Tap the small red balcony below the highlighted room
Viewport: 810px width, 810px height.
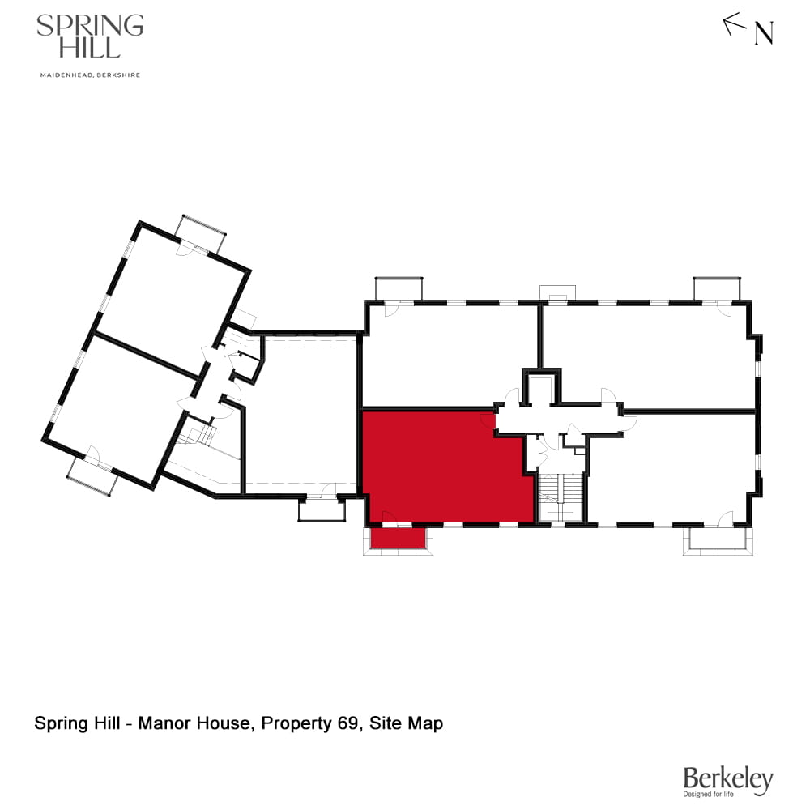point(398,538)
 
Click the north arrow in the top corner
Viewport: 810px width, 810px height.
point(735,24)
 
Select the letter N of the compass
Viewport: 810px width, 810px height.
point(764,34)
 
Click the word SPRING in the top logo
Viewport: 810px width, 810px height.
point(90,26)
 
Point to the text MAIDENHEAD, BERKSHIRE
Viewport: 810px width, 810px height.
point(90,75)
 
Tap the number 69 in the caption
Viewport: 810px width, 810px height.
point(348,723)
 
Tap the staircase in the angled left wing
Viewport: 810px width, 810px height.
point(197,438)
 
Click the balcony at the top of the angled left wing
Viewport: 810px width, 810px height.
point(202,233)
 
